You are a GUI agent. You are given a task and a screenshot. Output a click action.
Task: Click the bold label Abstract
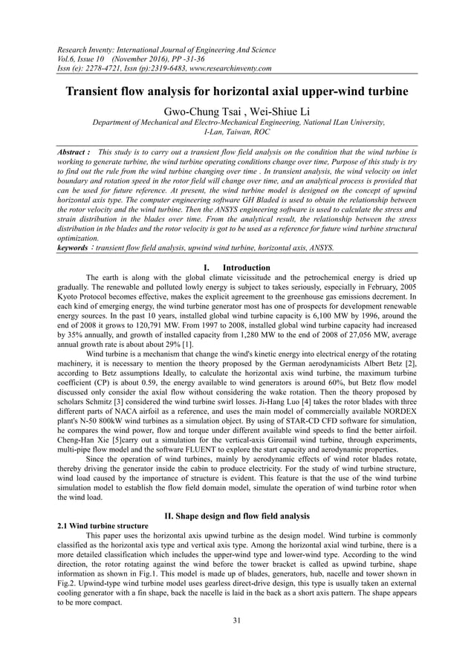[x=74, y=152]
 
